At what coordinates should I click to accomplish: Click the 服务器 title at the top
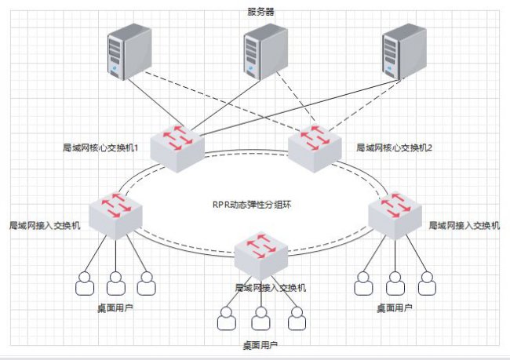pyautogui.click(x=260, y=12)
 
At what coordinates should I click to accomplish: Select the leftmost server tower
pyautogui.click(x=129, y=52)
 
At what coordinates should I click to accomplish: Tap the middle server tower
pyautogui.click(x=266, y=52)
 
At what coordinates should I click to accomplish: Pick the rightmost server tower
pyautogui.click(x=404, y=52)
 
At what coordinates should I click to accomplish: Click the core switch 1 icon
pyautogui.click(x=177, y=148)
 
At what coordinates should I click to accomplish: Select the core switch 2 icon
pyautogui.click(x=315, y=148)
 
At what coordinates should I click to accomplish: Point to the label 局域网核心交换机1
pyautogui.click(x=100, y=148)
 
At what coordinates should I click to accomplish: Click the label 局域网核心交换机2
pyautogui.click(x=394, y=148)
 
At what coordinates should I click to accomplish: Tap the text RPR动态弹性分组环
pyautogui.click(x=252, y=205)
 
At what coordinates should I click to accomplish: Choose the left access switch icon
pyautogui.click(x=116, y=216)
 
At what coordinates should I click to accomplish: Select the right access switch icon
pyautogui.click(x=395, y=216)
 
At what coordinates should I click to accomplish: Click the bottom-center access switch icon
pyautogui.click(x=260, y=256)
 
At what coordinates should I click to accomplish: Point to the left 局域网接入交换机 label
pyautogui.click(x=45, y=225)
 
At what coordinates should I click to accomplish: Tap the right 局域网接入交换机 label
pyautogui.click(x=464, y=225)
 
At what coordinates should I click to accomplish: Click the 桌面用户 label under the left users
pyautogui.click(x=115, y=307)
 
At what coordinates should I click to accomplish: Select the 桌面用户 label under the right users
pyautogui.click(x=395, y=307)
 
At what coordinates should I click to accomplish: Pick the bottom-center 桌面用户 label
pyautogui.click(x=260, y=345)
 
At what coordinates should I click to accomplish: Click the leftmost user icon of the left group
pyautogui.click(x=85, y=284)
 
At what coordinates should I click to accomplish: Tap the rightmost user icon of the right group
pyautogui.click(x=427, y=284)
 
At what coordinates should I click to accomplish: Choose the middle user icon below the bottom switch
pyautogui.click(x=260, y=318)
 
